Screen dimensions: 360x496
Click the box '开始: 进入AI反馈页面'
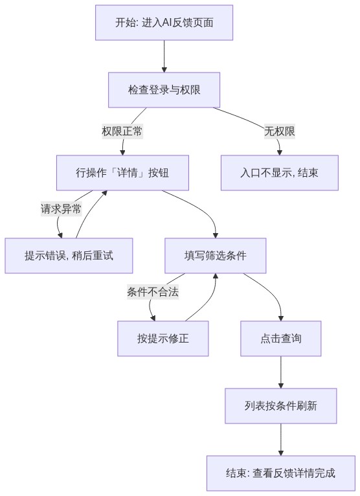(164, 23)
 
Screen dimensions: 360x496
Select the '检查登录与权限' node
(164, 90)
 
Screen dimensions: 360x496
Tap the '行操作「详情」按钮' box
(122, 173)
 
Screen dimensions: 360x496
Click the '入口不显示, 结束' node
(279, 173)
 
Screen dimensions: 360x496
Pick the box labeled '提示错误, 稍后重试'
(69, 256)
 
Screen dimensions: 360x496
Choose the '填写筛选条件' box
(215, 256)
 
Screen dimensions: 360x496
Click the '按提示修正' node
(163, 339)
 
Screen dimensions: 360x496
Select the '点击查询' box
(280, 339)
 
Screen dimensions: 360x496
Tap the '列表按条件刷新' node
(280, 406)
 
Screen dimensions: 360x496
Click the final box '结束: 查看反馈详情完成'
(280, 473)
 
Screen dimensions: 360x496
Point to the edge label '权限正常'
(122, 131)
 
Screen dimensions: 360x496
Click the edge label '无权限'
(279, 131)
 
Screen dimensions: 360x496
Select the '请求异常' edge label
(61, 209)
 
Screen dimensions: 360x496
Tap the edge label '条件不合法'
(153, 291)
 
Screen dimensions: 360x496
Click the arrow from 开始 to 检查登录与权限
(164, 56)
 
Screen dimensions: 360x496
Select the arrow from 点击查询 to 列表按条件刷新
(280, 372)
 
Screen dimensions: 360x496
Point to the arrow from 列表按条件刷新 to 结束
(280, 440)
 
